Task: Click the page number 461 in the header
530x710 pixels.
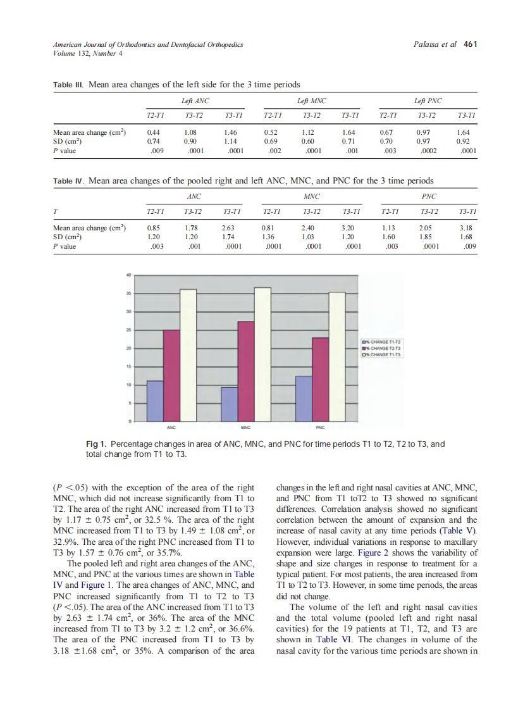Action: (x=470, y=44)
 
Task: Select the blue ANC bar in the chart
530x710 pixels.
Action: (x=155, y=401)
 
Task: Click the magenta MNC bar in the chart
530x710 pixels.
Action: (x=245, y=371)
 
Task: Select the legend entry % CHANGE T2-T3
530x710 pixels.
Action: (x=382, y=348)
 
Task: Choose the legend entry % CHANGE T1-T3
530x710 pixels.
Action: (x=382, y=354)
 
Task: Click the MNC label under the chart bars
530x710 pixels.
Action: (x=245, y=428)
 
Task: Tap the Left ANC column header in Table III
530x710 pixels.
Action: (x=195, y=101)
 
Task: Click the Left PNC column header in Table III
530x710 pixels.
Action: (x=428, y=101)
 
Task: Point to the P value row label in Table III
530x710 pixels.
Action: (x=65, y=151)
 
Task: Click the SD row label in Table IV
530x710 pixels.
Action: (x=65, y=236)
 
